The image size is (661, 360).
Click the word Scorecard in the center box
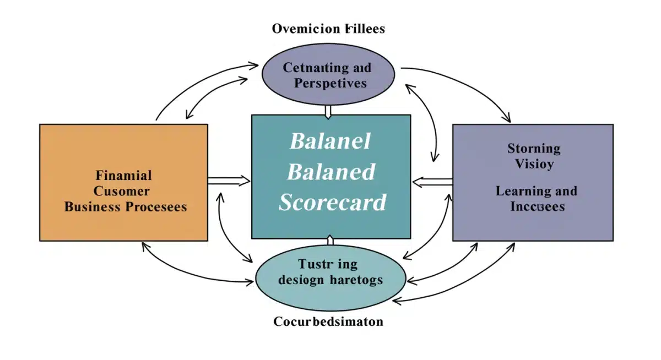pos(332,202)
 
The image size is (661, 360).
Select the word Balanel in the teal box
pos(330,141)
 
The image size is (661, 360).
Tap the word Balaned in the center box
pos(331,172)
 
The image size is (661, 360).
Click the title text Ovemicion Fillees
pos(328,29)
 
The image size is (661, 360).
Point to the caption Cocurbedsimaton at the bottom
pos(328,321)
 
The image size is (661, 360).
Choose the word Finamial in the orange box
pos(123,176)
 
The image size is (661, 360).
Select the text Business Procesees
pos(126,207)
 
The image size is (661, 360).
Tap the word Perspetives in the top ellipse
pos(330,83)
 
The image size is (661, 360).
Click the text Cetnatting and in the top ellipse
pos(327,68)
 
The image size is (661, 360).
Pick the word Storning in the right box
pos(534,148)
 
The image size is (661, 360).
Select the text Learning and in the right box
pos(536,191)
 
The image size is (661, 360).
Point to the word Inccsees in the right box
pos(537,206)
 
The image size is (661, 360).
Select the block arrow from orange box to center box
pos(229,180)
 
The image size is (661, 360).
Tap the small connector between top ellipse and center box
pos(328,111)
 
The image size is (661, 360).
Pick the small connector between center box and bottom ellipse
pos(330,241)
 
